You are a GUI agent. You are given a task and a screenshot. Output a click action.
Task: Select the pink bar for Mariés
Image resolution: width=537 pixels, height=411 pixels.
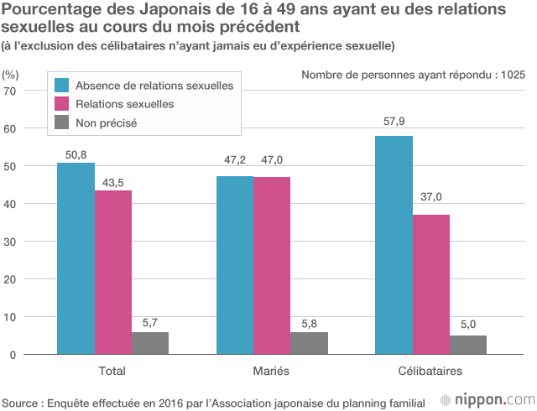(x=272, y=266)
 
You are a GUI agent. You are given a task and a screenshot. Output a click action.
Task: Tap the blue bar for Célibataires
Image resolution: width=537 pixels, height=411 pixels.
(x=394, y=245)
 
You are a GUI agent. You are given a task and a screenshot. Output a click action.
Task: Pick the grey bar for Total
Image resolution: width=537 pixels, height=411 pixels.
(x=150, y=343)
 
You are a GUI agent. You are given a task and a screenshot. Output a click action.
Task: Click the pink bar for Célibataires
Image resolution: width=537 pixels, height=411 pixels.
(x=430, y=284)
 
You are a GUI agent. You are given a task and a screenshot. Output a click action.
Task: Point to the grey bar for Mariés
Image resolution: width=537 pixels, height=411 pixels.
(x=309, y=343)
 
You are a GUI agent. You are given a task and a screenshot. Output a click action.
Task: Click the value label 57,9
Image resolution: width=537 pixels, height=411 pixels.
(x=394, y=122)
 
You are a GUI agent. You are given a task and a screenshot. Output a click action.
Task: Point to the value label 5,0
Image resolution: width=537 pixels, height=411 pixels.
(x=467, y=323)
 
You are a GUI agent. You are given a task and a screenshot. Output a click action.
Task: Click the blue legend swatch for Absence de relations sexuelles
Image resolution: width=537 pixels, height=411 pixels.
(x=61, y=86)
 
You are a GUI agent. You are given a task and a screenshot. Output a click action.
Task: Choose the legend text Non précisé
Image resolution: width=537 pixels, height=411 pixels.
(x=106, y=122)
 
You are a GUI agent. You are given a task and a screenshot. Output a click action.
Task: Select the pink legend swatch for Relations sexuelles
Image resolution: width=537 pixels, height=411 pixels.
(x=61, y=104)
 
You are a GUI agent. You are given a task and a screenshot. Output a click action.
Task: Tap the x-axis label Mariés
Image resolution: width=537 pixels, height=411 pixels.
(x=272, y=371)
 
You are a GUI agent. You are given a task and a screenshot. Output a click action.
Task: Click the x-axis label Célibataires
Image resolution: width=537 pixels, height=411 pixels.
(x=430, y=371)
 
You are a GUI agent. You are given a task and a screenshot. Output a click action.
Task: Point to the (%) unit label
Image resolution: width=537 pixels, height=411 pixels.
(x=11, y=74)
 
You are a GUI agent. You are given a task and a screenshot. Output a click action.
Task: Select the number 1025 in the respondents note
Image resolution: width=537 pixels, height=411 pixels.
(x=512, y=75)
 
